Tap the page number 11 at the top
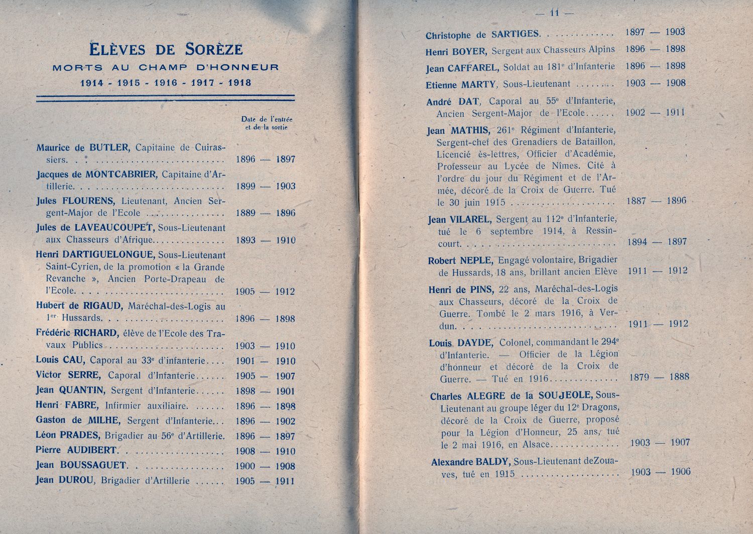[554, 13]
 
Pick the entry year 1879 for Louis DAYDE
[639, 377]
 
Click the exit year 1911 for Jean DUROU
[285, 481]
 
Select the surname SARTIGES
[515, 34]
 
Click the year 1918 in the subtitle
[240, 83]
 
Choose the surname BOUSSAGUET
[93, 465]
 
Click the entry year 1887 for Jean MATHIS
[636, 201]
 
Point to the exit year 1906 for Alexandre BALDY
[680, 472]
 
